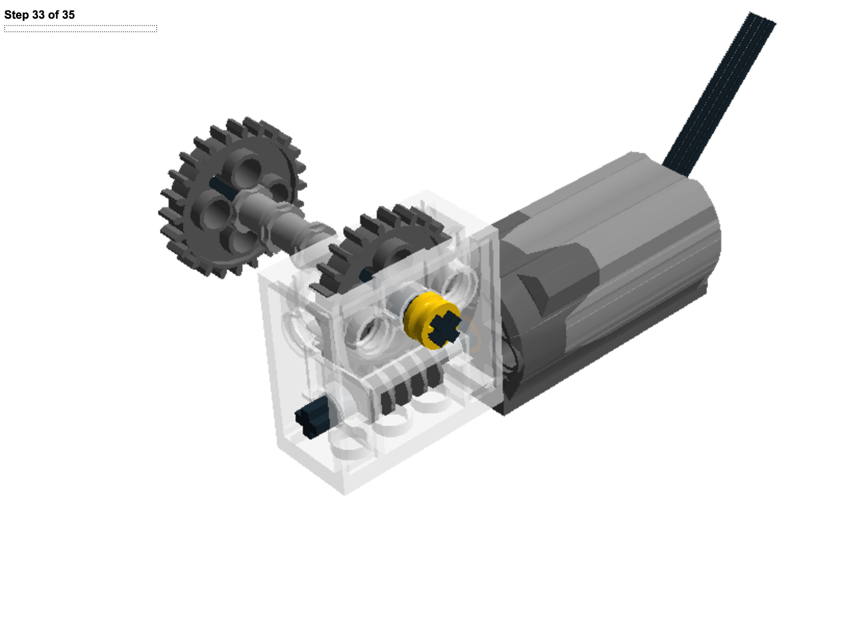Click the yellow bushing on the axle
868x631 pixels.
(430, 321)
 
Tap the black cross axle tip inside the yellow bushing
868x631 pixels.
(445, 328)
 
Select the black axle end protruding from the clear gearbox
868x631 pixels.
(312, 417)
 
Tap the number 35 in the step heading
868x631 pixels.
(68, 15)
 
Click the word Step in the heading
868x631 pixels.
(16, 15)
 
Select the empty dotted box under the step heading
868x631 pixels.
(81, 29)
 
